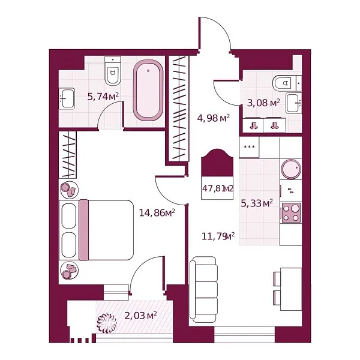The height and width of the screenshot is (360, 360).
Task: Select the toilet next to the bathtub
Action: [x=112, y=72]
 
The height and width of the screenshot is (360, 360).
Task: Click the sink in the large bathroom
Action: [x=67, y=97]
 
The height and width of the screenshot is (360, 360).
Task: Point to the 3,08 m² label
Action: [x=263, y=103]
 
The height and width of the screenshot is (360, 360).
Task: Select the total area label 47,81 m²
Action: [x=217, y=188]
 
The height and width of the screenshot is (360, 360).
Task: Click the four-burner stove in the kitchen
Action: [x=291, y=212]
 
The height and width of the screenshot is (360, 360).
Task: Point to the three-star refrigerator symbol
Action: [x=249, y=147]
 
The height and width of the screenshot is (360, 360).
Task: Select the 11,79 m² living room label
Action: [x=217, y=236]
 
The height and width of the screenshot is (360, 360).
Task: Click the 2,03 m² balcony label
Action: [x=140, y=314]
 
